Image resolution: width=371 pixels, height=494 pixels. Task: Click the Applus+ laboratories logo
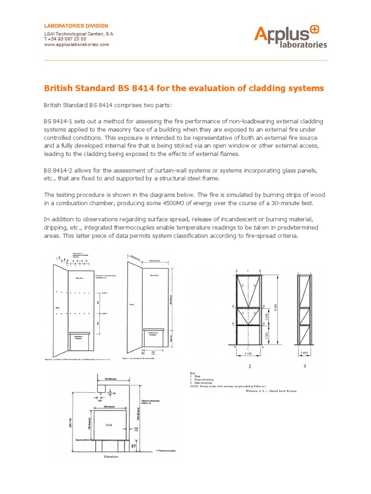pos(290,37)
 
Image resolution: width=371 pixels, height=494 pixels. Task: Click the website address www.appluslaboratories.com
pos(76,44)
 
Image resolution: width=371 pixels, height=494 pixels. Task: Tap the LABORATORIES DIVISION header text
pos(76,26)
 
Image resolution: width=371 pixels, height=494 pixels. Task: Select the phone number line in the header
pos(66,39)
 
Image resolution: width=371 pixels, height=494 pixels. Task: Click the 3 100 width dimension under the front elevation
pos(249,354)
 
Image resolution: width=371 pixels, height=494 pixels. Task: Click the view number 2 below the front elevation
pos(250,367)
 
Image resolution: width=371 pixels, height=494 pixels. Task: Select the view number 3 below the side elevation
pos(305,367)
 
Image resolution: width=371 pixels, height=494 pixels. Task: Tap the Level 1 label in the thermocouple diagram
pos(104,313)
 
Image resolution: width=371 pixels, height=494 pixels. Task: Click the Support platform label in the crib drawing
pos(85,440)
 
